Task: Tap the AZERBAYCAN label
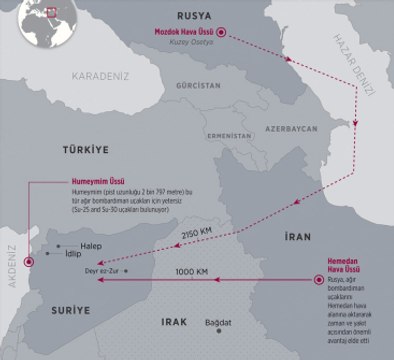(x=291, y=130)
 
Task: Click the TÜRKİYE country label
(x=84, y=147)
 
